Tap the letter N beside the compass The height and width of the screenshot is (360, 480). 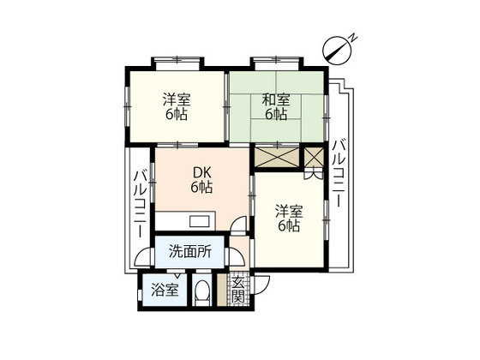click(353, 38)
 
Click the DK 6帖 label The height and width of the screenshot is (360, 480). click(202, 180)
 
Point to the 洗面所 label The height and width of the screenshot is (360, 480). click(189, 252)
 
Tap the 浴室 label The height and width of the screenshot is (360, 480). click(165, 290)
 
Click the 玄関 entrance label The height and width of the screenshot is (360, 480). click(238, 290)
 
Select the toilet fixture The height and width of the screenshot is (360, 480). click(202, 292)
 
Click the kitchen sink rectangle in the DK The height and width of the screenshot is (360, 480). click(200, 221)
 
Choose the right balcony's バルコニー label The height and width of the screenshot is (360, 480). click(339, 172)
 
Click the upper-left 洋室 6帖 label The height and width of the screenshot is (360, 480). click(177, 107)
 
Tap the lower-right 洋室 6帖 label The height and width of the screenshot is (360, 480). click(289, 219)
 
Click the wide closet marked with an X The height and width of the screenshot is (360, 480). click(277, 157)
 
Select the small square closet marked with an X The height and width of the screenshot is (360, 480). click(314, 157)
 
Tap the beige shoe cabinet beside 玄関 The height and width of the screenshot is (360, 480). click(222, 290)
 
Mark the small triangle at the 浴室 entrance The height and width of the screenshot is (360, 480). click(177, 276)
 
